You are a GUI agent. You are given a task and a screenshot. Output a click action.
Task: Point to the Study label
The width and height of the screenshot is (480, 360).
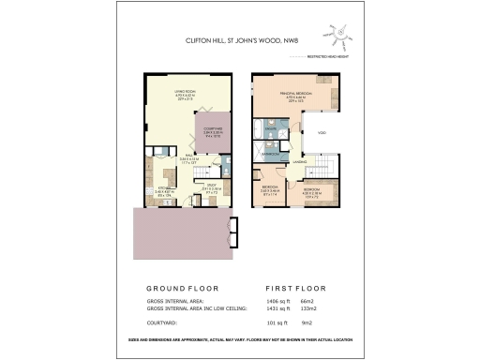point(213,185)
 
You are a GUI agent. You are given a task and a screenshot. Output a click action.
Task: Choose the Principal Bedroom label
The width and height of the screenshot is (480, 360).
point(301,95)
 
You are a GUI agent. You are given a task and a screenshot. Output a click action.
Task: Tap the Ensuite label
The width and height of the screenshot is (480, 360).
point(268,128)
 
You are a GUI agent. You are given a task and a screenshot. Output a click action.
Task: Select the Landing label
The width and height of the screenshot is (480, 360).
point(300,162)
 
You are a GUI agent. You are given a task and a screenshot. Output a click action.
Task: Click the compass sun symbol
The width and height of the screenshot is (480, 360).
point(343,35)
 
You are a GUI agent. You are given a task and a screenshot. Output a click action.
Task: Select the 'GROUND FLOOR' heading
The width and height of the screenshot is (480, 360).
point(184,288)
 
